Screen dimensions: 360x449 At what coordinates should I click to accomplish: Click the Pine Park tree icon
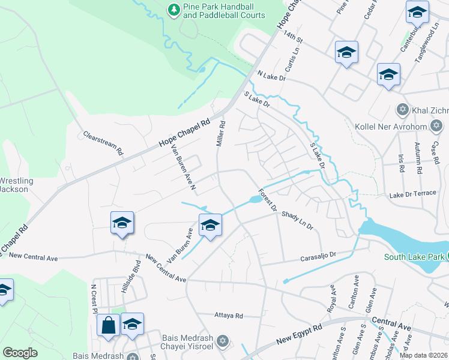click(x=174, y=10)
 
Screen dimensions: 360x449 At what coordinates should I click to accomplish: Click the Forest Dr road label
click(x=268, y=201)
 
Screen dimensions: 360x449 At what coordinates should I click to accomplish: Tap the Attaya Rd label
click(x=229, y=315)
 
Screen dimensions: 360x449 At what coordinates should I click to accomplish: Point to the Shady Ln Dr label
click(x=298, y=220)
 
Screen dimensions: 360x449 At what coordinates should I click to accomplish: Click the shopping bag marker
click(x=108, y=325)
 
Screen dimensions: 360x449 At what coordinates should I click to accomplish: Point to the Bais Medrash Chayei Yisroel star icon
click(x=223, y=341)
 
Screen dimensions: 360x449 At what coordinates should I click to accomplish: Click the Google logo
click(x=20, y=353)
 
